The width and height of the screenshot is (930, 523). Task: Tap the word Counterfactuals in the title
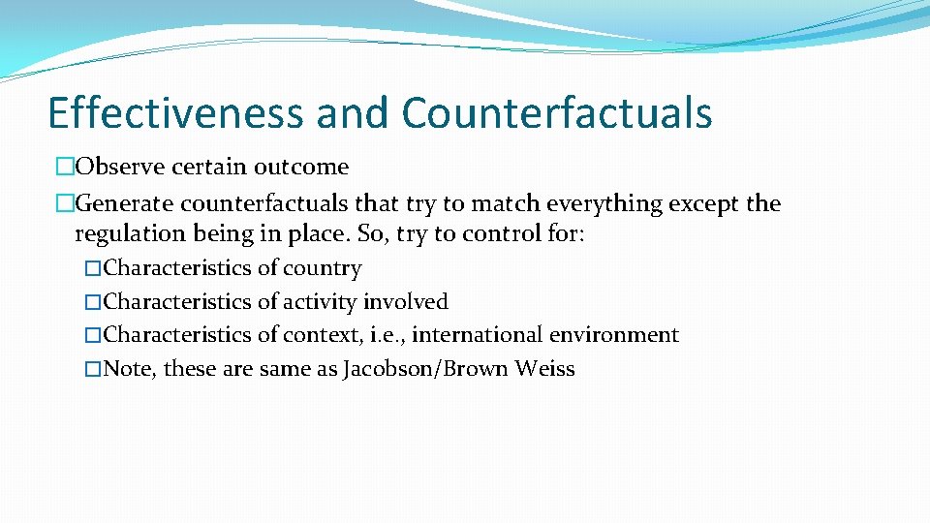[x=557, y=112]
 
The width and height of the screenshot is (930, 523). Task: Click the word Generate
[x=124, y=204]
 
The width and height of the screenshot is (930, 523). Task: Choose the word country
[x=323, y=268]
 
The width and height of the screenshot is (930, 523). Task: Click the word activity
[x=321, y=302]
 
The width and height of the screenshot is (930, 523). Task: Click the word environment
[x=615, y=335]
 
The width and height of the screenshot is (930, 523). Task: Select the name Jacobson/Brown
[x=426, y=369]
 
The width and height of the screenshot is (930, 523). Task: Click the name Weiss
[x=545, y=369]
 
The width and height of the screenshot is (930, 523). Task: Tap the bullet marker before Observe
[x=65, y=168]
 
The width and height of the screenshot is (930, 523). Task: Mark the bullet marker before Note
[x=93, y=370]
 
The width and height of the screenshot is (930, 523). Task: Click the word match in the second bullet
[x=506, y=204]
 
